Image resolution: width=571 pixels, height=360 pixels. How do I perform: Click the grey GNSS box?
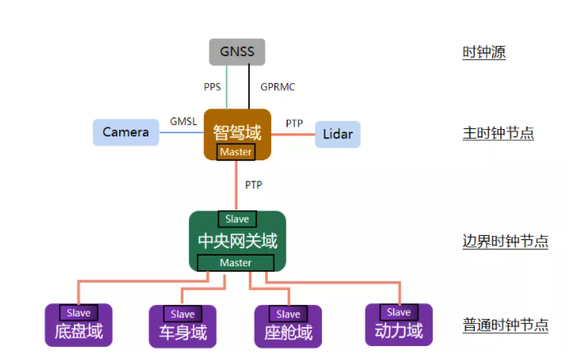237,53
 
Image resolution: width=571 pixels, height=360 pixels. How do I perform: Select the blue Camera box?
126,132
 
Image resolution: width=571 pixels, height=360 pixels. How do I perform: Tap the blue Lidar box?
338,134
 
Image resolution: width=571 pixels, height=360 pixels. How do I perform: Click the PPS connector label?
213,86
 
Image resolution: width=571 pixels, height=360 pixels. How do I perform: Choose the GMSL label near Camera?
183,122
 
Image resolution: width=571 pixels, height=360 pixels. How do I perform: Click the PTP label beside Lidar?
294,123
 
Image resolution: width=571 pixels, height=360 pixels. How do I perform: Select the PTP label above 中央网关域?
254,185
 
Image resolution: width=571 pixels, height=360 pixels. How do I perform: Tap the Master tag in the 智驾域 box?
236,152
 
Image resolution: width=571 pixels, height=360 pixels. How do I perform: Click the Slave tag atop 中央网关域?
237,219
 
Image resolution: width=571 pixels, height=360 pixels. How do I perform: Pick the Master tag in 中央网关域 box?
237,262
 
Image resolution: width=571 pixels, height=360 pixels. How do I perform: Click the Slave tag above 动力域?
398,312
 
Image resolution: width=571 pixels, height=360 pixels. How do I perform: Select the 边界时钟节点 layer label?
504,242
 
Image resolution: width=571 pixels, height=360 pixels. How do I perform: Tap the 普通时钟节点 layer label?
504,325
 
